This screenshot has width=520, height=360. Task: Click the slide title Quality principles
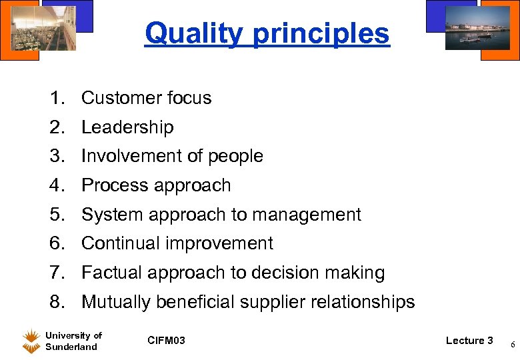[267, 33]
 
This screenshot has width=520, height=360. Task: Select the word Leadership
[127, 127]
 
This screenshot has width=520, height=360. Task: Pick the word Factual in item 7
[111, 273]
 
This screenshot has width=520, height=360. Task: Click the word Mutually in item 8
[116, 302]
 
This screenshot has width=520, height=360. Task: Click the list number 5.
[57, 215]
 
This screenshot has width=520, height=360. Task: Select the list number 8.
[57, 302]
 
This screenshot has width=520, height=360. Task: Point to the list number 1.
[57, 98]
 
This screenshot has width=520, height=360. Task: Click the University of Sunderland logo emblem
[31, 341]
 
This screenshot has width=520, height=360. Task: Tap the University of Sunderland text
[73, 341]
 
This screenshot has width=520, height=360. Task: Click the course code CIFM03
[166, 341]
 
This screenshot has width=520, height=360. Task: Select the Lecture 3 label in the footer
[469, 341]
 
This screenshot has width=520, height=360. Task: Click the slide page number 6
[512, 344]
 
